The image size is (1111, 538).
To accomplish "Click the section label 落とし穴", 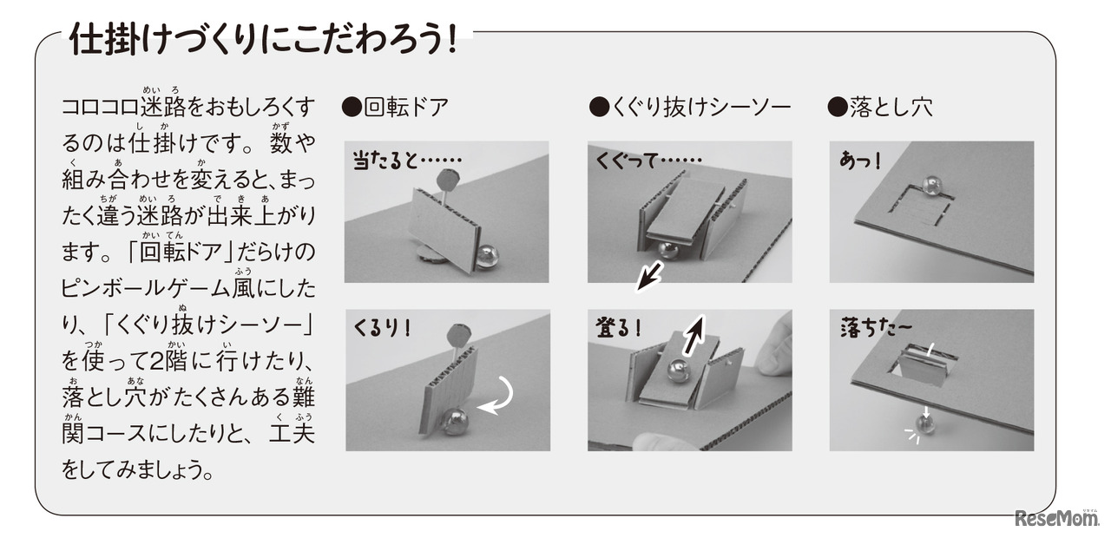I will (x=881, y=107).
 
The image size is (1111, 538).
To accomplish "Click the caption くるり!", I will (x=383, y=329).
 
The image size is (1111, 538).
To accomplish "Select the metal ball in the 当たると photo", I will (x=487, y=256).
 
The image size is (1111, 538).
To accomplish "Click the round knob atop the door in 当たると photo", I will (x=450, y=180).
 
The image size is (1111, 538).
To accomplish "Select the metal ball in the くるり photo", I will (x=454, y=422).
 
